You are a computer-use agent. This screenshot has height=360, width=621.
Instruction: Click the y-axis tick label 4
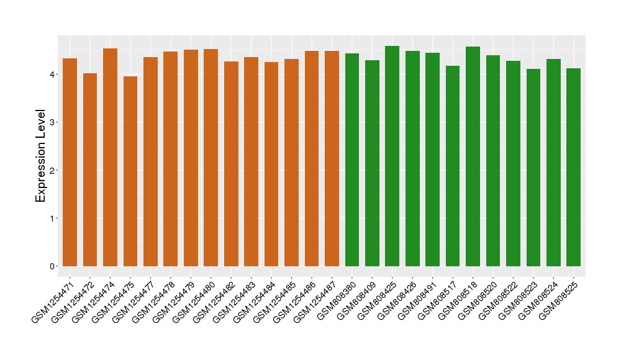click(53, 74)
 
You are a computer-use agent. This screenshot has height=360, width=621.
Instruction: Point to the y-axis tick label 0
click(53, 266)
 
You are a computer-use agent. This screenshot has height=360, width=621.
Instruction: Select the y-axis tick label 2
click(53, 170)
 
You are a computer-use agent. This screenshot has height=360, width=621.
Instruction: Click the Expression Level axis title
click(41, 156)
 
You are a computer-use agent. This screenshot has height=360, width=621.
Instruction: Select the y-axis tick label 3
click(53, 122)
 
